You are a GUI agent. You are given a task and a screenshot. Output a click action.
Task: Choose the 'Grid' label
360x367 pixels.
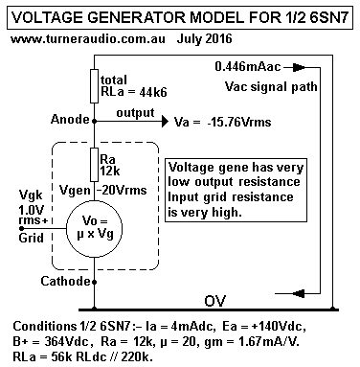click(x=19, y=239)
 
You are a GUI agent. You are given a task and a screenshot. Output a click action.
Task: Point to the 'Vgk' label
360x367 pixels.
click(x=18, y=196)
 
